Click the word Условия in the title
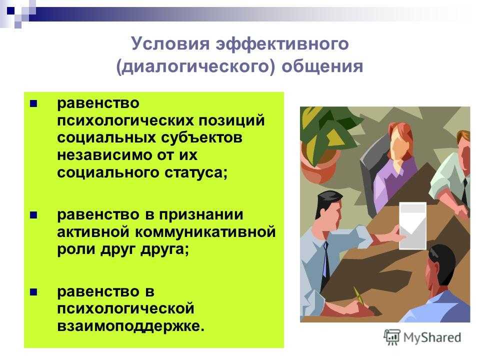170,43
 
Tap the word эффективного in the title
282,44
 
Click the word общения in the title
322,66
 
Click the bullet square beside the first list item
33,104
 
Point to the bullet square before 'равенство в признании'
33,215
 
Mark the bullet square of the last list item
33,292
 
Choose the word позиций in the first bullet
231,120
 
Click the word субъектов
201,138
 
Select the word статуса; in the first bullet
196,173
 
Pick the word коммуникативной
205,231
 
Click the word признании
201,215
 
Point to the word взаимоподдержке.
130,325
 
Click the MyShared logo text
432,337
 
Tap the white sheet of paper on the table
412,225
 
